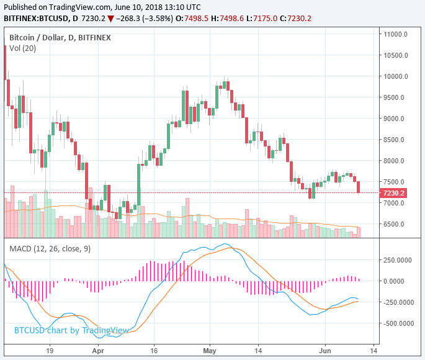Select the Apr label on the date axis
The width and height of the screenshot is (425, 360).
98,350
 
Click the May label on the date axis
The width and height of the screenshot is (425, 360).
209,350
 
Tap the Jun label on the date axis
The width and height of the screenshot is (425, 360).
326,350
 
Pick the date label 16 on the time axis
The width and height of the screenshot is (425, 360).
154,350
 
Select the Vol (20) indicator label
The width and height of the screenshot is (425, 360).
23,48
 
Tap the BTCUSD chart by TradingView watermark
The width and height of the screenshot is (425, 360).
71,330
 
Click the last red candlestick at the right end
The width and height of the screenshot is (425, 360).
359,186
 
